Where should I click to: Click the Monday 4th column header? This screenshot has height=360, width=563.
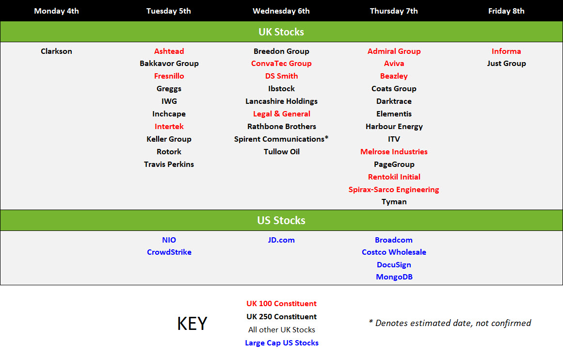(56, 11)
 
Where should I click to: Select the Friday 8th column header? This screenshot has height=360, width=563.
(506, 11)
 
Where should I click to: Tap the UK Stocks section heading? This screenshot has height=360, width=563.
(281, 32)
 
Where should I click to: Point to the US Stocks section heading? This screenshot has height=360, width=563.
(281, 220)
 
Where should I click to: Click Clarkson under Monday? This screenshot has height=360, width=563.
(56, 51)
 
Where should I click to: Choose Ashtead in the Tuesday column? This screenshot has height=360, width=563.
(169, 51)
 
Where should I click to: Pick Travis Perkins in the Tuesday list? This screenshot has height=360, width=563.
(169, 164)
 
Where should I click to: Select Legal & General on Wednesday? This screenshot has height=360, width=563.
(281, 114)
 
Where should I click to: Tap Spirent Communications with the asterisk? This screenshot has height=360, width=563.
(281, 139)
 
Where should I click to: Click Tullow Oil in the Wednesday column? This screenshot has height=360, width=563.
(281, 151)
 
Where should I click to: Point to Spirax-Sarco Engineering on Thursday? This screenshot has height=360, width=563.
(394, 189)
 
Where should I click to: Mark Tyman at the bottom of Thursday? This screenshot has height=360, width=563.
(394, 202)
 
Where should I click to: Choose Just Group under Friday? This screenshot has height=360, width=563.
(506, 64)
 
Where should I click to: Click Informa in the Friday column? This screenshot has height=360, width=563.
(506, 51)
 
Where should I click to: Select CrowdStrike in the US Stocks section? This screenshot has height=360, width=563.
(169, 252)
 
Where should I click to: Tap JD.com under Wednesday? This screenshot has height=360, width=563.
(281, 240)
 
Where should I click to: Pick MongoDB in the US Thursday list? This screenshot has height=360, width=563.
(394, 277)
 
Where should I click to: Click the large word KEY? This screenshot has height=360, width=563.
(192, 323)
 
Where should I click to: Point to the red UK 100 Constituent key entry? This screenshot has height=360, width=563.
(281, 304)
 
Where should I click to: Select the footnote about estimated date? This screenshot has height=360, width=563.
(450, 323)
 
